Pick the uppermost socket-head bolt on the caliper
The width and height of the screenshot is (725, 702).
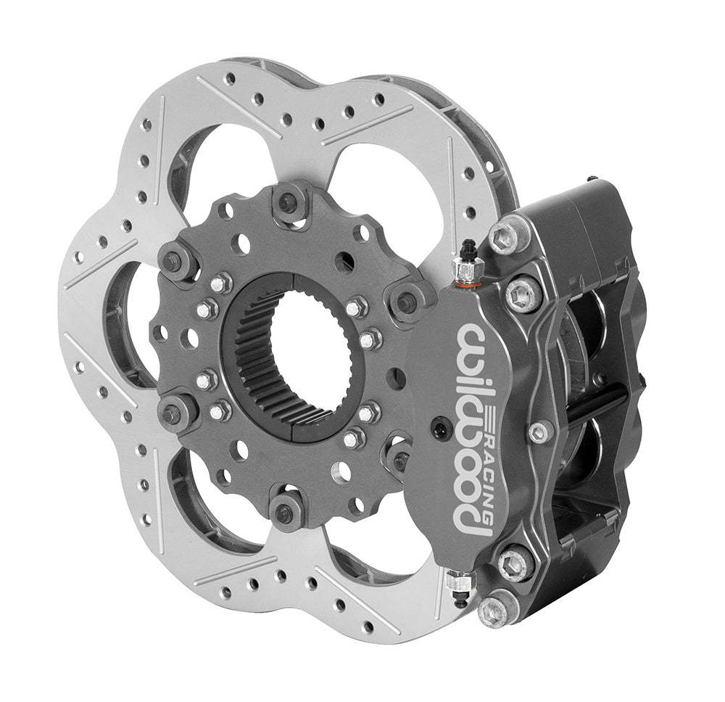pos(507,236)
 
